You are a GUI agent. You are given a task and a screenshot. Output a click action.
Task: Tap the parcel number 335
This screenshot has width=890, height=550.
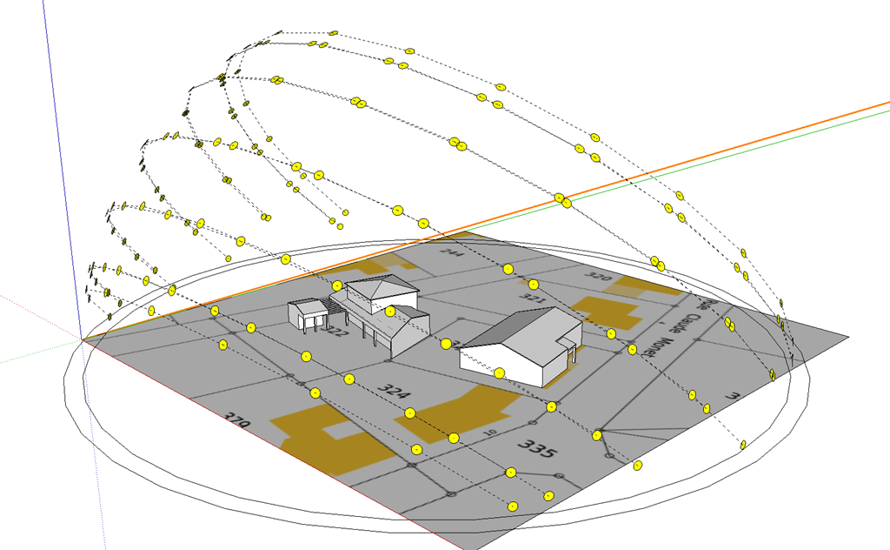pos(536,448)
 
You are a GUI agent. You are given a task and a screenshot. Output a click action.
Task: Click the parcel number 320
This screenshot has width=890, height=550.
pos(599,278)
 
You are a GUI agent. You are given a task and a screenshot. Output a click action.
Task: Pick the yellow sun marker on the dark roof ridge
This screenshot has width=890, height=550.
pos(446,345)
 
